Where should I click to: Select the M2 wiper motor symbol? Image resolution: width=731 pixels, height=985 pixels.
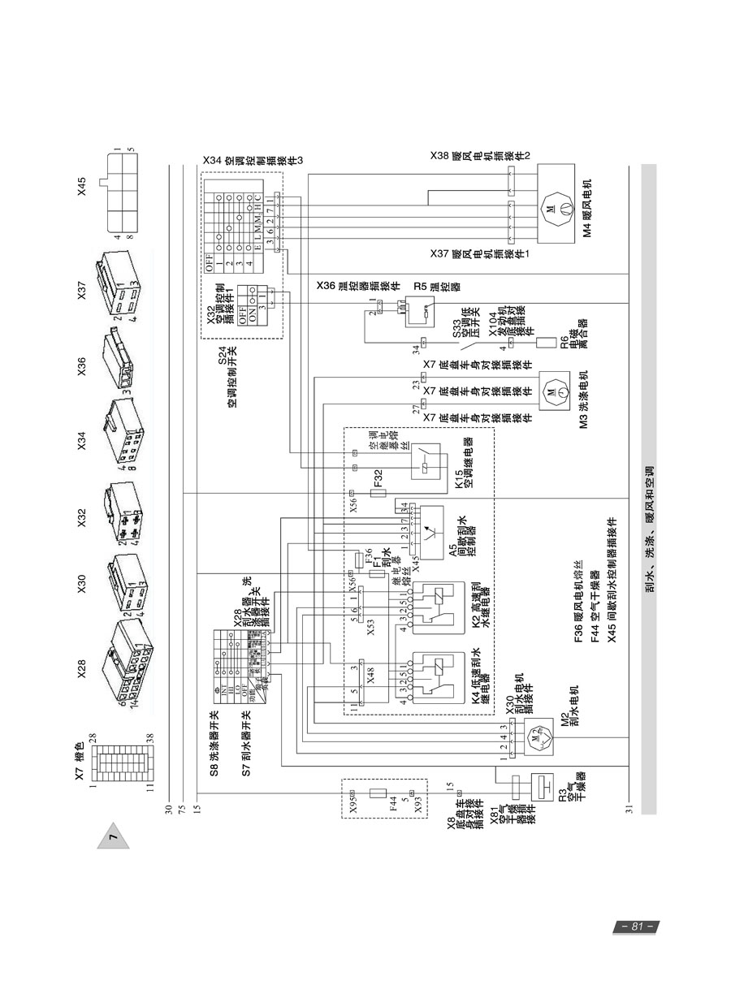click(x=534, y=739)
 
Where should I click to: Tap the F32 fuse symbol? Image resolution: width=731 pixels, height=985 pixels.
click(x=377, y=493)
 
